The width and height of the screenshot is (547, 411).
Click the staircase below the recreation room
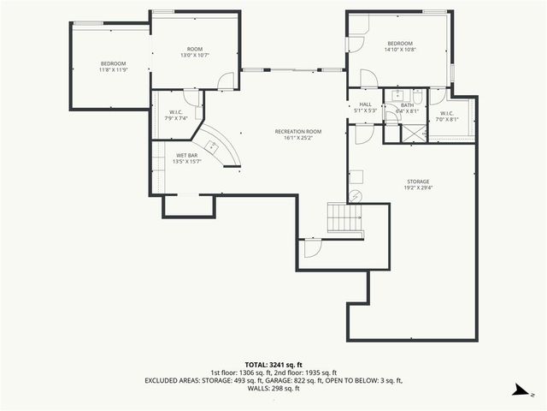[345, 217]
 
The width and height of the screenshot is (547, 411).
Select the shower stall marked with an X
[414, 133]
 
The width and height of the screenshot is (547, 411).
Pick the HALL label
[365, 104]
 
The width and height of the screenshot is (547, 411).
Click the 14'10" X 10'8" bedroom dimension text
[400, 50]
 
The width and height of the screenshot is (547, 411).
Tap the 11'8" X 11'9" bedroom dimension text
[114, 70]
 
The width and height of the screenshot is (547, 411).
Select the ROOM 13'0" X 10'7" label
[194, 52]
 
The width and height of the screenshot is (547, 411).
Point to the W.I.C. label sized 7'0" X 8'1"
[447, 116]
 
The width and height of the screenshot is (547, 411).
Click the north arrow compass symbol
[519, 390]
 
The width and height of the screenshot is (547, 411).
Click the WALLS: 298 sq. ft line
[273, 388]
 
